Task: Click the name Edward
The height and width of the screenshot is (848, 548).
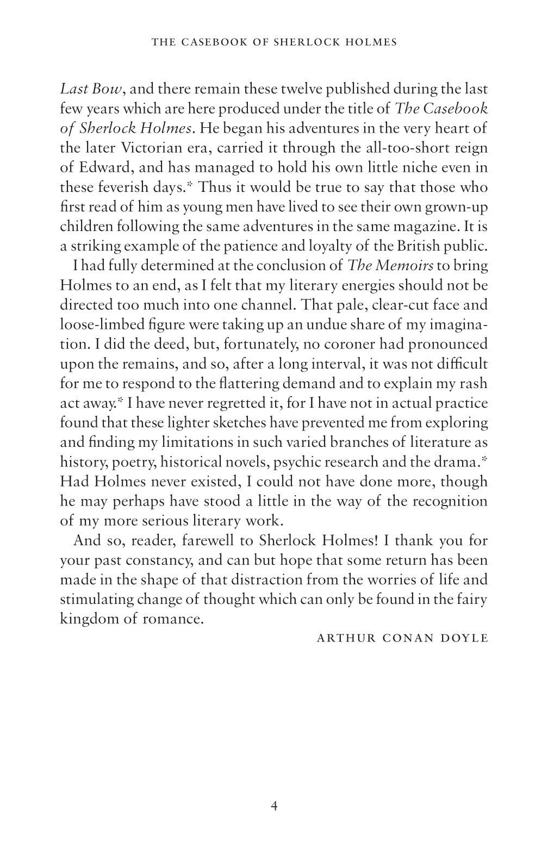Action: pos(102,167)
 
